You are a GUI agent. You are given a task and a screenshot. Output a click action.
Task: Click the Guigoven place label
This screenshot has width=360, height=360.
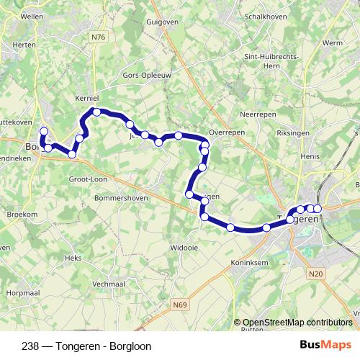[x=162, y=22]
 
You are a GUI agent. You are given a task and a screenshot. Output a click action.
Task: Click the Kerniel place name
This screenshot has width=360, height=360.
[x=86, y=98]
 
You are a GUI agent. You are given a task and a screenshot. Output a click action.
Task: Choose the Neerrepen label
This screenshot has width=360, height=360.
[x=258, y=114]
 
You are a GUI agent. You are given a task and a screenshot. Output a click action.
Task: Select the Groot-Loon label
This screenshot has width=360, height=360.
[x=88, y=179]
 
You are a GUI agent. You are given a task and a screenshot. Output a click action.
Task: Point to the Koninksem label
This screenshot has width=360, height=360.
[x=251, y=263]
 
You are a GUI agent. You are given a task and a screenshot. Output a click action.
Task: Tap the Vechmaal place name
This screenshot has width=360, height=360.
[x=109, y=284]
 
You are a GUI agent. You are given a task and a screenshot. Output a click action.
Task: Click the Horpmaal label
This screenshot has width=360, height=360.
[x=22, y=293]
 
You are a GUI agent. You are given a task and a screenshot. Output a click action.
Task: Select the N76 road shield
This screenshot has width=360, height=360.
[x=99, y=36]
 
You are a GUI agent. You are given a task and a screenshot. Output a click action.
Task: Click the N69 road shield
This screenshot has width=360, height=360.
[x=179, y=305]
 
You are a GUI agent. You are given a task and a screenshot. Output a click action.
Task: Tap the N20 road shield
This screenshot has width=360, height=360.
[x=316, y=274]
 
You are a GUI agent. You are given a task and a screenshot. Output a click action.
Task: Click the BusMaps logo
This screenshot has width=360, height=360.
[x=325, y=345]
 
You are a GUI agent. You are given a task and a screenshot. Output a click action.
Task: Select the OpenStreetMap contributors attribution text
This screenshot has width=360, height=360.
[x=297, y=323]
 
